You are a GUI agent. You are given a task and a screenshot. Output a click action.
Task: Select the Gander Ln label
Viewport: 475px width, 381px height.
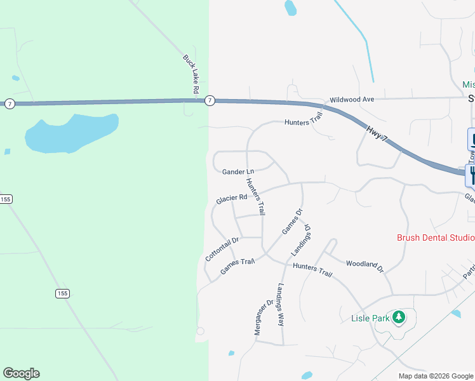pyautogui.click(x=238, y=171)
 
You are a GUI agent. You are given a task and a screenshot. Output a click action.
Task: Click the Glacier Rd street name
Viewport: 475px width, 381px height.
pyautogui.click(x=231, y=199)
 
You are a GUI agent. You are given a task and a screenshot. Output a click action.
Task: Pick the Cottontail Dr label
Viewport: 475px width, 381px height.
pyautogui.click(x=222, y=249)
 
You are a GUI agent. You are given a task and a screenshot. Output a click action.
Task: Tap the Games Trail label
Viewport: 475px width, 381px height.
pyautogui.click(x=237, y=267)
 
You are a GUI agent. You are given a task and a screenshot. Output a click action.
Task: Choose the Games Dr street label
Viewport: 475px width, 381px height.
pyautogui.click(x=292, y=220)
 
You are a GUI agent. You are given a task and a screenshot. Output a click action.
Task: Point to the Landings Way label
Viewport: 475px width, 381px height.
pyautogui.click(x=280, y=304)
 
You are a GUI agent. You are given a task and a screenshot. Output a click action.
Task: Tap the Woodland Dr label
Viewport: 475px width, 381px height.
pyautogui.click(x=365, y=266)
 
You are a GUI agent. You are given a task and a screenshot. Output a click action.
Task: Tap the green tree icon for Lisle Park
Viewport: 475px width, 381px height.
pyautogui.click(x=399, y=316)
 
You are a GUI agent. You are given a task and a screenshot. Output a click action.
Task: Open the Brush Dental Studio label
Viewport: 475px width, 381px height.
pyautogui.click(x=436, y=238)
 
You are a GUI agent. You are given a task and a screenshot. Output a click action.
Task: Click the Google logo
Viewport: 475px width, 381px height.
pyautogui.click(x=21, y=373)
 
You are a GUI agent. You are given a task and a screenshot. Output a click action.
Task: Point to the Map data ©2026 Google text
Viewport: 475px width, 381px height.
pyautogui.click(x=436, y=376)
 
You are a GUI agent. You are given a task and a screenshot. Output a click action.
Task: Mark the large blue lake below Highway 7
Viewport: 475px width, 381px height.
pyautogui.click(x=70, y=133)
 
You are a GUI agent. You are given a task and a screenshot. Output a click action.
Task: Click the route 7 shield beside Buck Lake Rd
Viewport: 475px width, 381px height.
pyautogui.click(x=210, y=100)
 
